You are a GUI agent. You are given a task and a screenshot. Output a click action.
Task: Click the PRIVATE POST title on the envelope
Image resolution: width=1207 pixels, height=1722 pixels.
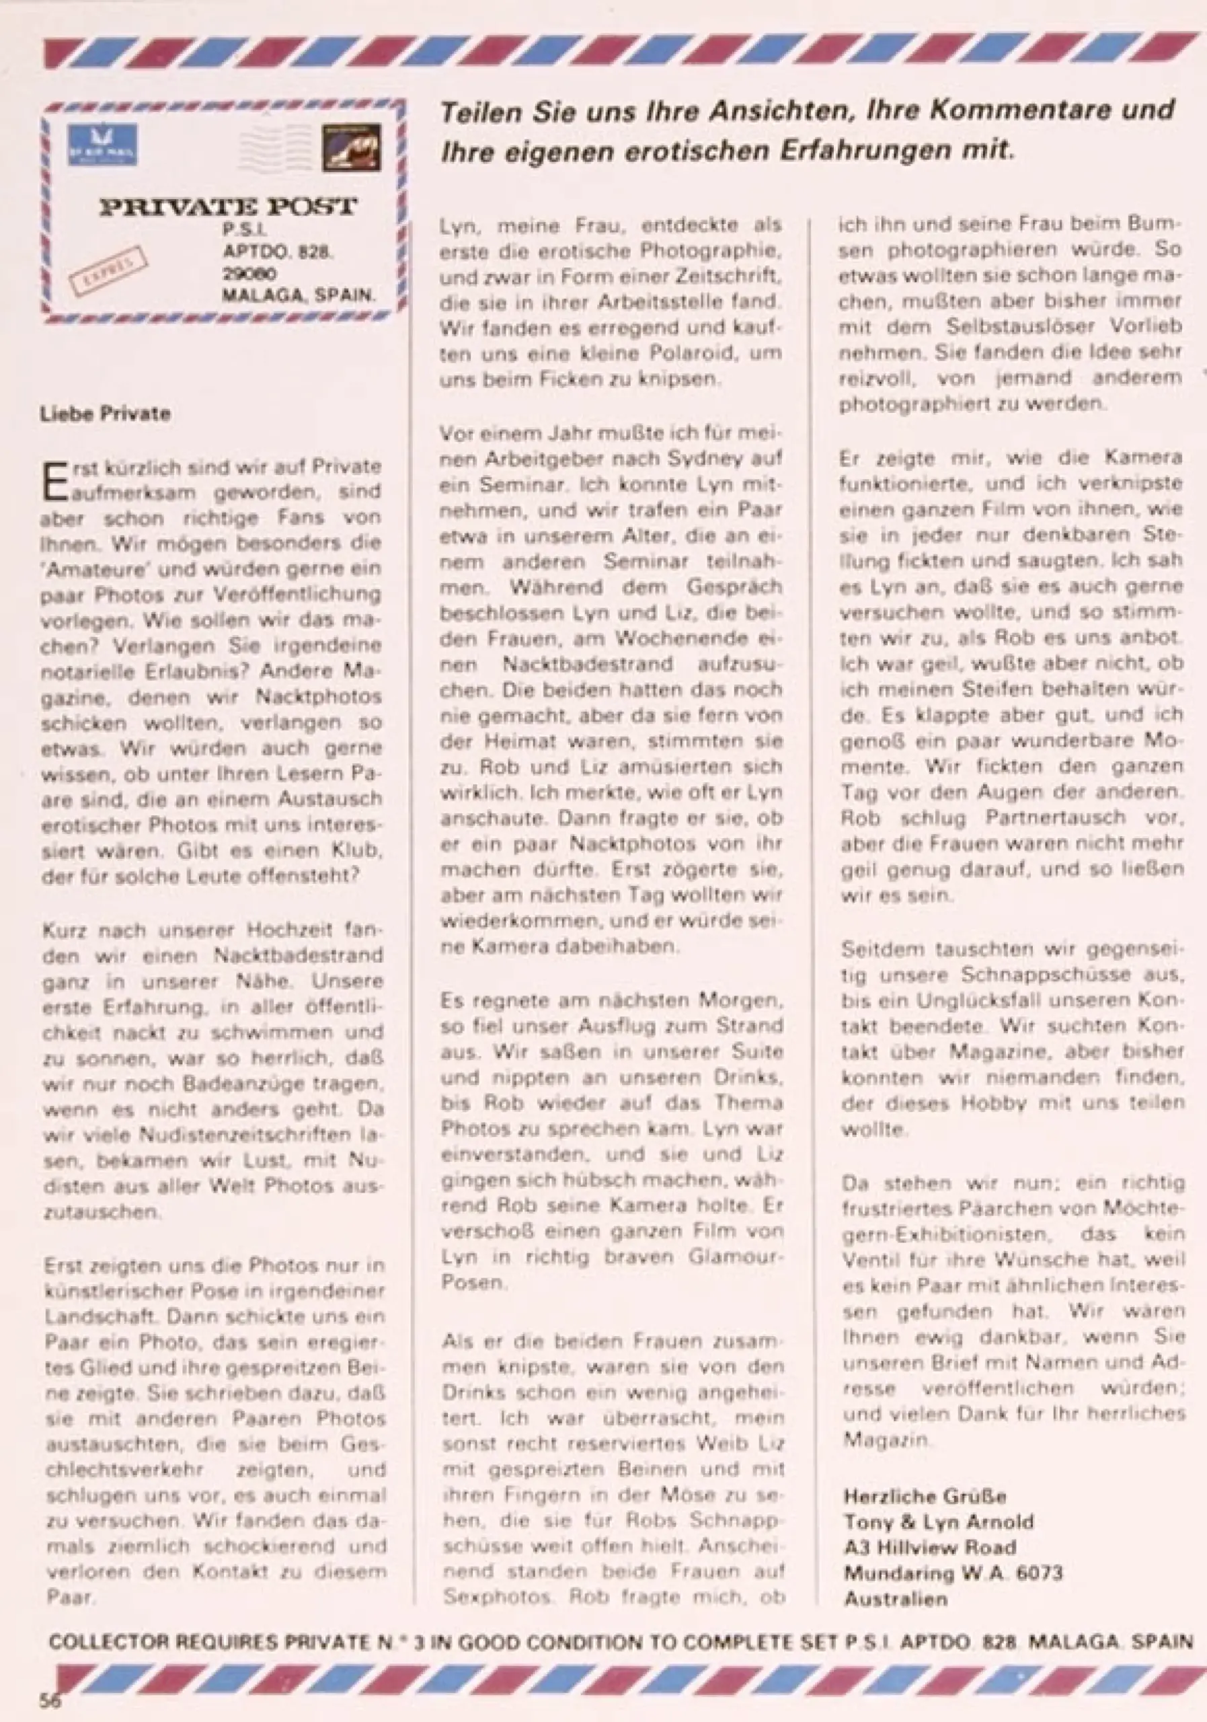[x=228, y=207]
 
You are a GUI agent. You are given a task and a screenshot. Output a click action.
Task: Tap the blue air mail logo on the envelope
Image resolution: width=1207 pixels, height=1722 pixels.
[x=102, y=145]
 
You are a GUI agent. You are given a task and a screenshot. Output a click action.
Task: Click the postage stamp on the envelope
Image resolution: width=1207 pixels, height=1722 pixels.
[x=351, y=147]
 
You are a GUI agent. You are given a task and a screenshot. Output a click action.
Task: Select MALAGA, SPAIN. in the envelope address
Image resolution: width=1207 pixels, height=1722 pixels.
[x=298, y=295]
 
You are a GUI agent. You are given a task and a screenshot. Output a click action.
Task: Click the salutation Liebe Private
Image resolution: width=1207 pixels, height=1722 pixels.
[x=105, y=414]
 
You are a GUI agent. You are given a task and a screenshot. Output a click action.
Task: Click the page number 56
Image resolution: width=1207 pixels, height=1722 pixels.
[x=50, y=1700]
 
